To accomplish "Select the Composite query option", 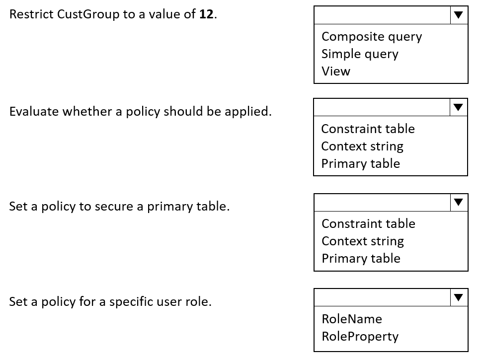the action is (372, 37).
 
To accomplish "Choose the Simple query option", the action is (360, 54).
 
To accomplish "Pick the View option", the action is (336, 72).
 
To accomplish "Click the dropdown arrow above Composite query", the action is (458, 15).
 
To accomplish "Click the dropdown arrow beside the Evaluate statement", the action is (458, 107).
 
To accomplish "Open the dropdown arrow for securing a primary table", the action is (458, 202).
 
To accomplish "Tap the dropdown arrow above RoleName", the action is (458, 297).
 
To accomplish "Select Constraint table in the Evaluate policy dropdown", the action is (368, 129).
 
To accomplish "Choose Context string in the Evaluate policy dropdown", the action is (362, 146).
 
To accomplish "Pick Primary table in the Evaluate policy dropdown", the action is (361, 164).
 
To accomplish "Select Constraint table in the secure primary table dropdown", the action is (368, 223).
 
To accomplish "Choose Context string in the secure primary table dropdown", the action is (363, 241).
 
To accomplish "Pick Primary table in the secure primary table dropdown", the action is (361, 259).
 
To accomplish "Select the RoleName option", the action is (352, 319).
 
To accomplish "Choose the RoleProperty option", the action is (360, 337).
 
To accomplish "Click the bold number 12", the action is (206, 14).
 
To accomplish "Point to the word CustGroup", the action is (88, 14).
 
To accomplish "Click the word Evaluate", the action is (34, 111).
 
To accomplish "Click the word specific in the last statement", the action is (131, 302).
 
